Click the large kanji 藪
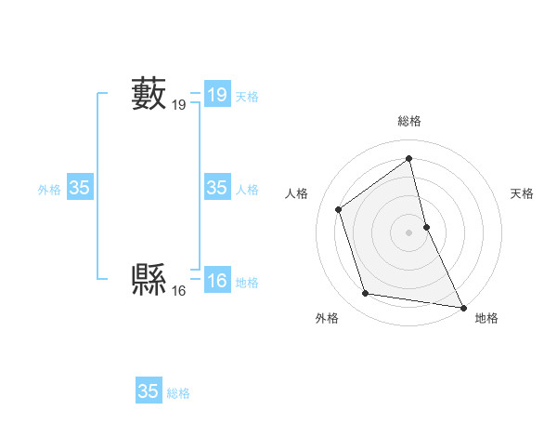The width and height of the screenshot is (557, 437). pyautogui.click(x=149, y=94)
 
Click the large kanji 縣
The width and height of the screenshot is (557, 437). pyautogui.click(x=149, y=277)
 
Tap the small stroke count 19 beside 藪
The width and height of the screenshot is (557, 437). pyautogui.click(x=178, y=107)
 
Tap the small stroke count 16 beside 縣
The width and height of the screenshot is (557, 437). pyautogui.click(x=178, y=291)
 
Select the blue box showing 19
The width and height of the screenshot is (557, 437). pyautogui.click(x=216, y=95)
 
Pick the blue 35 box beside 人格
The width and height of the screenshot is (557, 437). pyautogui.click(x=216, y=188)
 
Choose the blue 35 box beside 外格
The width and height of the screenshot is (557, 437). pyautogui.click(x=79, y=188)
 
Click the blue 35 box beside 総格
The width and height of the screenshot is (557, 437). pyautogui.click(x=148, y=391)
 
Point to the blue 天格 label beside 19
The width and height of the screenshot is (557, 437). pyautogui.click(x=247, y=97)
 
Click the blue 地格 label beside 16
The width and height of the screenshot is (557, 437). pyautogui.click(x=247, y=283)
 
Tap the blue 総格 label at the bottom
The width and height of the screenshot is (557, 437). pyautogui.click(x=178, y=393)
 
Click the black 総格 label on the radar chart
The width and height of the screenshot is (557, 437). pyautogui.click(x=409, y=121)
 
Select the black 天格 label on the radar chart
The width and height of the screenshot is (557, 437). pyautogui.click(x=522, y=193)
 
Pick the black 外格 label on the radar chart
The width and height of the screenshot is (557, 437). pyautogui.click(x=327, y=318)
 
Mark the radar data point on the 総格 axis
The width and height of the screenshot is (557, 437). pyautogui.click(x=409, y=158)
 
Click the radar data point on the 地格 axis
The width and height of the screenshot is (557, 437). pyautogui.click(x=463, y=307)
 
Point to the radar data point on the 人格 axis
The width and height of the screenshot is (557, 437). pyautogui.click(x=339, y=209)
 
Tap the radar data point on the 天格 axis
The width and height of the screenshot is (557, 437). pyautogui.click(x=426, y=227)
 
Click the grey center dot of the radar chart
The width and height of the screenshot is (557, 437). pyautogui.click(x=409, y=232)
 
